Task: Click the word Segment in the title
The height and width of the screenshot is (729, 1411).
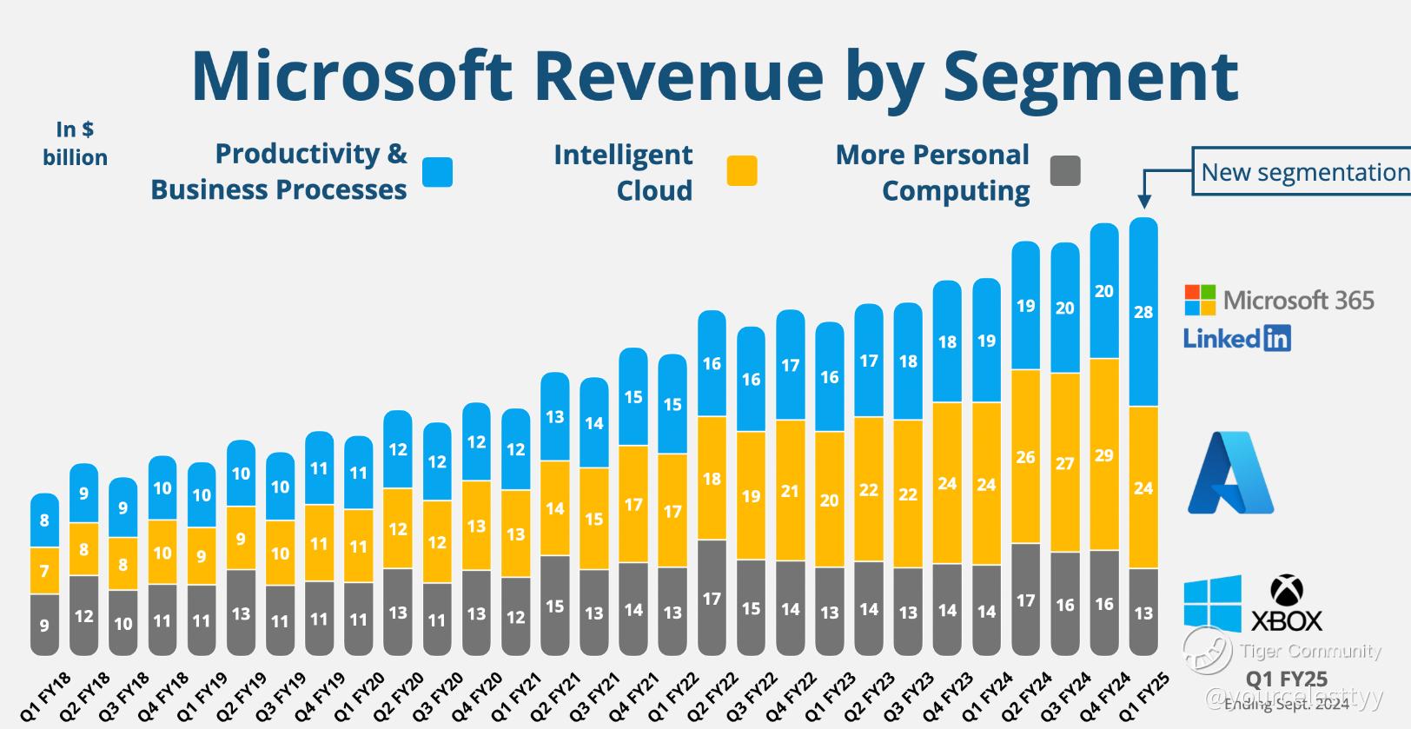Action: coord(1090,76)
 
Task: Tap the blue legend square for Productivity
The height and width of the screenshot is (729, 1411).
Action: coord(437,172)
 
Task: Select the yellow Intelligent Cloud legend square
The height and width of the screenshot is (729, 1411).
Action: coord(742,170)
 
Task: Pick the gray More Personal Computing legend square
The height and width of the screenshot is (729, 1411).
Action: coord(1065,170)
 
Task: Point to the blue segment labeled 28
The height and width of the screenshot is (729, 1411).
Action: coord(1143,312)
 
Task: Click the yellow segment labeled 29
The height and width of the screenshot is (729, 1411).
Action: coord(1104,454)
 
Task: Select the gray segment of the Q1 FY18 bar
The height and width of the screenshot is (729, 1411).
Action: coord(44,624)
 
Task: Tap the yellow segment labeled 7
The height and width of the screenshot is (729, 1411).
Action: coord(44,571)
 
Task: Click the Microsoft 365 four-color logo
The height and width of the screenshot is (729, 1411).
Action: coord(1201,300)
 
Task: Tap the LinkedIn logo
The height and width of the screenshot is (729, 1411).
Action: coord(1237,338)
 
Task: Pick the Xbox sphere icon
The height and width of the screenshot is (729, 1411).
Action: coord(1287,591)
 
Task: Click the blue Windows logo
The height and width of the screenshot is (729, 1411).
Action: coord(1212,603)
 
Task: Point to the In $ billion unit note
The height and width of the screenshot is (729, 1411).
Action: coord(76,143)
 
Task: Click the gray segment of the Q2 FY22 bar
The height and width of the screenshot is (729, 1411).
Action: coord(712,598)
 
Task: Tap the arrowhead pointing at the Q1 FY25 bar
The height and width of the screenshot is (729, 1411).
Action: coord(1144,201)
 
